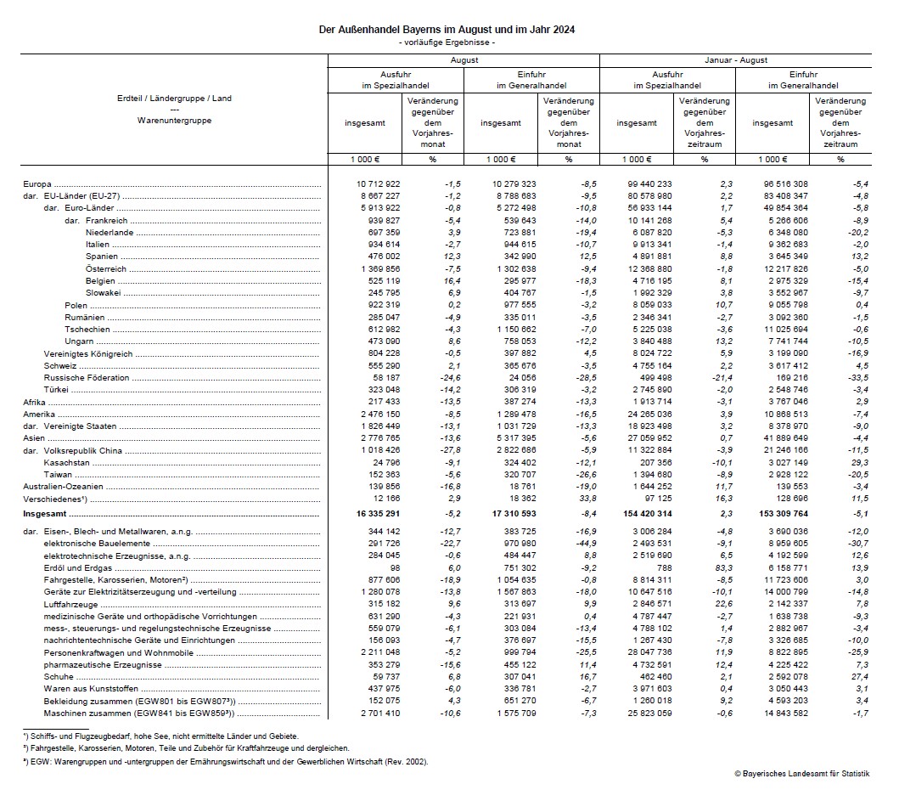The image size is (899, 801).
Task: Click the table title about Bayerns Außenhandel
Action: (447, 30)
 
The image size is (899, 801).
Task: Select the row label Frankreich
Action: (108, 220)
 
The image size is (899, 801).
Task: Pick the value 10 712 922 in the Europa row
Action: (379, 183)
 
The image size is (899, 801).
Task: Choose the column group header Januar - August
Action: (735, 60)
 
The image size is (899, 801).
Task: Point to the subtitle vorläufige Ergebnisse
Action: (447, 42)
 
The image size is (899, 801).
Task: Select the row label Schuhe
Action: (57, 677)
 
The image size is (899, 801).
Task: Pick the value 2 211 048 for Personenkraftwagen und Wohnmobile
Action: (379, 652)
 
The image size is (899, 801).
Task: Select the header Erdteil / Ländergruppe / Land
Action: (174, 99)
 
